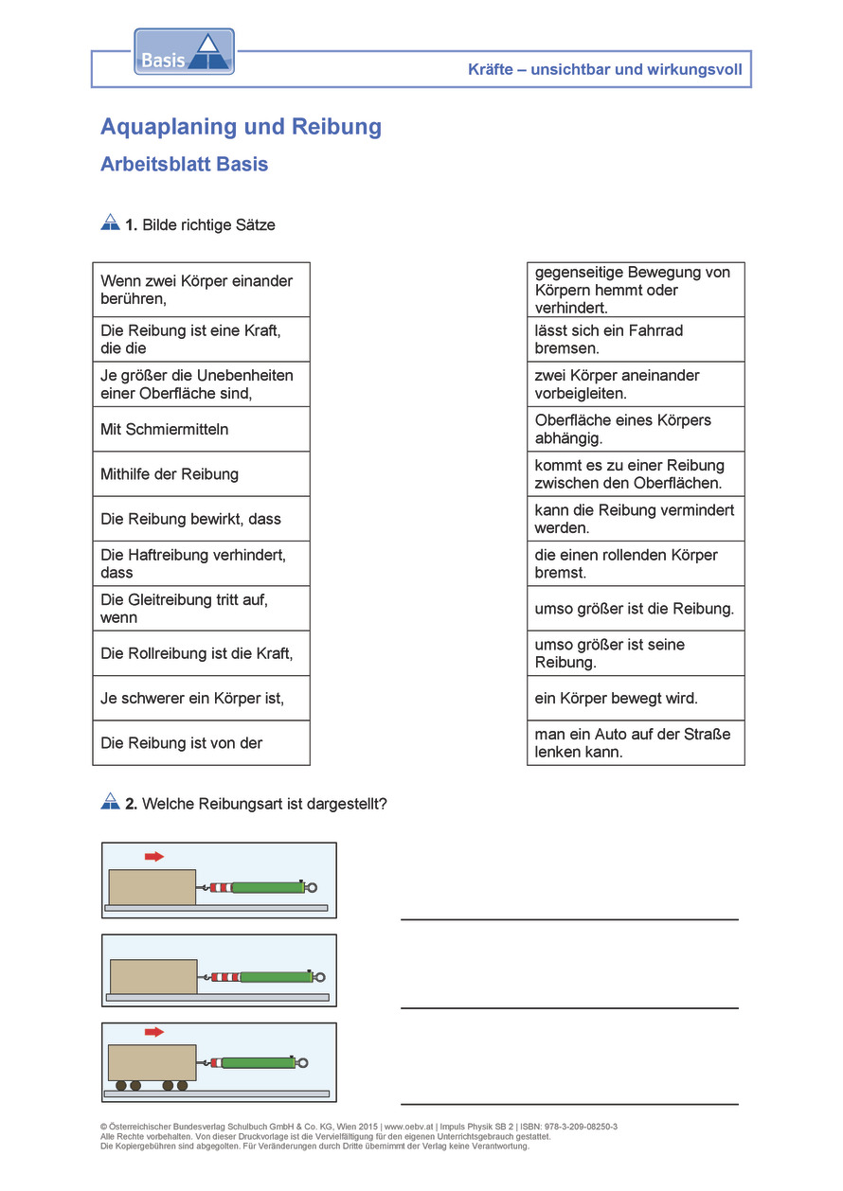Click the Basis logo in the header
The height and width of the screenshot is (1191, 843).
[184, 52]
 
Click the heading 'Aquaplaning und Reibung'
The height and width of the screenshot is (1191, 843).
[241, 127]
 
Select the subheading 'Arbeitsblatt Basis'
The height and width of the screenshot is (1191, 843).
[184, 164]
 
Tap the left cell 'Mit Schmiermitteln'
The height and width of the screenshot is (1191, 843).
[201, 429]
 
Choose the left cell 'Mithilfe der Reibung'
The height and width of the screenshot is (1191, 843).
[201, 474]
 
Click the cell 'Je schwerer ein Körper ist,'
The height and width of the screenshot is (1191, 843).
[201, 699]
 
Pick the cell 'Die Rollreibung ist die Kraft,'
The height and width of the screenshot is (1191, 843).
[201, 653]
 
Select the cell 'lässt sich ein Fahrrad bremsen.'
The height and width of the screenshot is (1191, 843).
[636, 339]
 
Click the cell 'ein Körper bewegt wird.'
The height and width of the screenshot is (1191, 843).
[636, 699]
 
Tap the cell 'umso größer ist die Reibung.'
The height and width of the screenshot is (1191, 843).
[636, 609]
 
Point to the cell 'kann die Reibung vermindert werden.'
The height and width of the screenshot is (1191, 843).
[636, 519]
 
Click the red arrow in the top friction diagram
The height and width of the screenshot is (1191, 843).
[153, 857]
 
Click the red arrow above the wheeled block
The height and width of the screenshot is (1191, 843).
[153, 1032]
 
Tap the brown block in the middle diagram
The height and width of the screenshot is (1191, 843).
[153, 976]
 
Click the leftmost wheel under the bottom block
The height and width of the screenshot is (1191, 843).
[120, 1085]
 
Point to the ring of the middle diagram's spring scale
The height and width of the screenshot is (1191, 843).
[320, 977]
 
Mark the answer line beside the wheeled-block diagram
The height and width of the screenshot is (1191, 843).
[569, 1103]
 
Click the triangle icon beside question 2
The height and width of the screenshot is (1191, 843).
[110, 801]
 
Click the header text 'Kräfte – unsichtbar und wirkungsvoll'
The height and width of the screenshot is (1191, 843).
[604, 69]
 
